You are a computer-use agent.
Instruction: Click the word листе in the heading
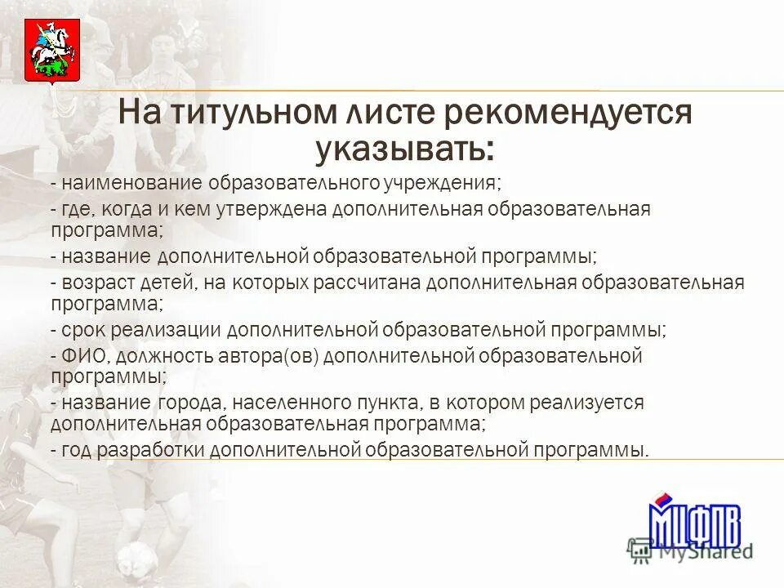385,114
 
